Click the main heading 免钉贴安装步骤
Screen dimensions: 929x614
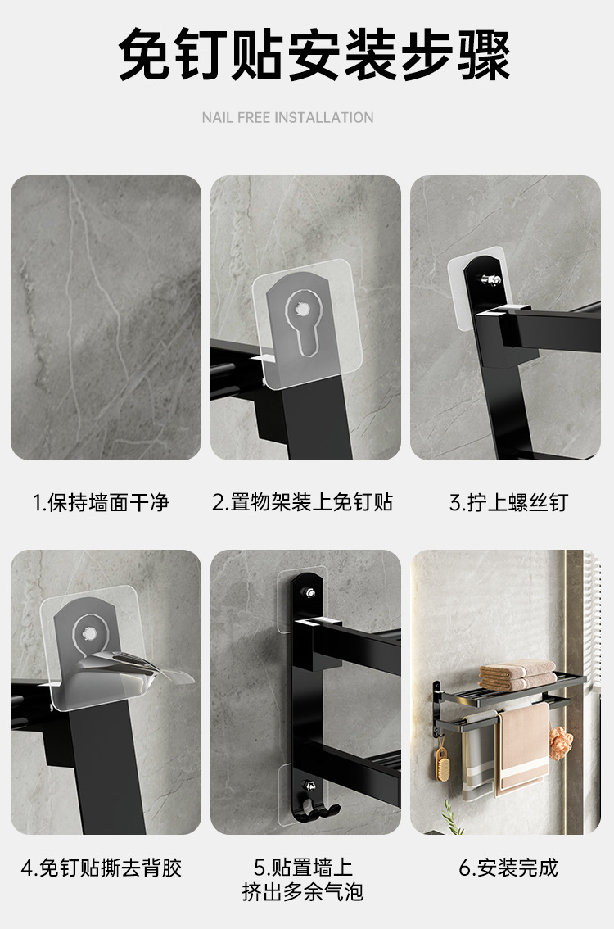(x=314, y=56)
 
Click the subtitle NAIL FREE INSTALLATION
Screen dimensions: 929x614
(x=287, y=118)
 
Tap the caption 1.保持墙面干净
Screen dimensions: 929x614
(x=101, y=502)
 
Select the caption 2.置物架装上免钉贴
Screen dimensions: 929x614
(x=303, y=502)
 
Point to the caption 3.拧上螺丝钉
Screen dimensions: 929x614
(x=508, y=502)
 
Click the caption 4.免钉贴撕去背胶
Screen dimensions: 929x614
(x=102, y=868)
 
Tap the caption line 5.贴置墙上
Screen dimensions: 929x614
(x=303, y=867)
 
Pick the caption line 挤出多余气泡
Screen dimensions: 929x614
(x=303, y=891)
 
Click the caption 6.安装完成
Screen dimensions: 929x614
(x=508, y=868)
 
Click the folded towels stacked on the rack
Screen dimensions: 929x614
(x=517, y=675)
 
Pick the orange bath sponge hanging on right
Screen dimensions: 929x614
(x=561, y=740)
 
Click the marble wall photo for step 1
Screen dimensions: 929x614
(x=106, y=318)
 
